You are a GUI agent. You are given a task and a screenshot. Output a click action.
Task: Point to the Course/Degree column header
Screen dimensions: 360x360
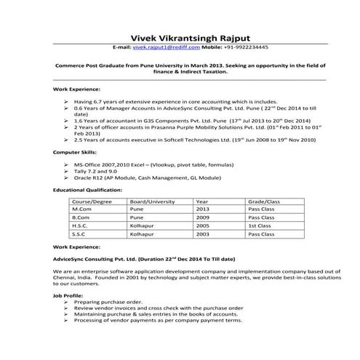(92, 200)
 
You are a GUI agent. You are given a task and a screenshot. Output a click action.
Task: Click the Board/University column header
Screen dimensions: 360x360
(152, 200)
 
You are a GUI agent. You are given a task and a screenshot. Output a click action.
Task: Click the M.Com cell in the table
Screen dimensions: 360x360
(81, 209)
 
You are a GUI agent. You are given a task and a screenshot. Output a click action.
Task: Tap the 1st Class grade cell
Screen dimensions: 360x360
(260, 226)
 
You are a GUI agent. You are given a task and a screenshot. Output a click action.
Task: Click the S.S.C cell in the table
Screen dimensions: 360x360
(79, 235)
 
